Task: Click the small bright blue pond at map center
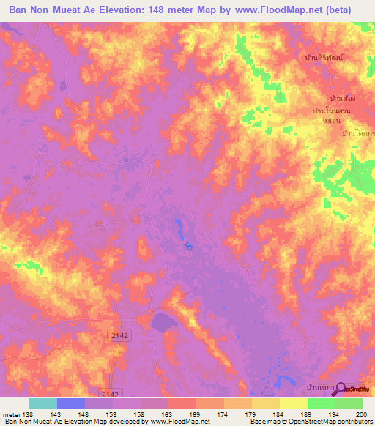pyautogui.click(x=189, y=247)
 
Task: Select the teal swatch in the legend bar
pyautogui.click(x=42, y=403)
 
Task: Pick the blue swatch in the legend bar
pyautogui.click(x=70, y=403)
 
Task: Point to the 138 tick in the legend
pyautogui.click(x=29, y=414)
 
